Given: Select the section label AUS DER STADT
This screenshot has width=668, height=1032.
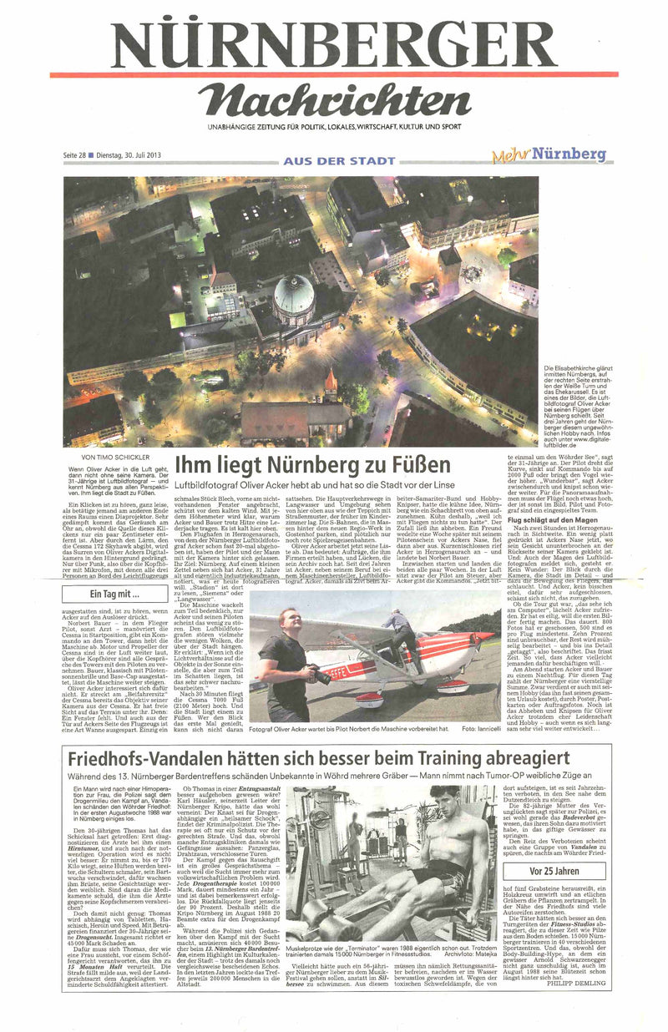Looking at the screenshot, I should (x=339, y=160).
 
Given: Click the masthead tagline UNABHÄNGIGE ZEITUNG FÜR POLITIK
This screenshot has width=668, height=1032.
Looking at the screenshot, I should (x=334, y=127).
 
